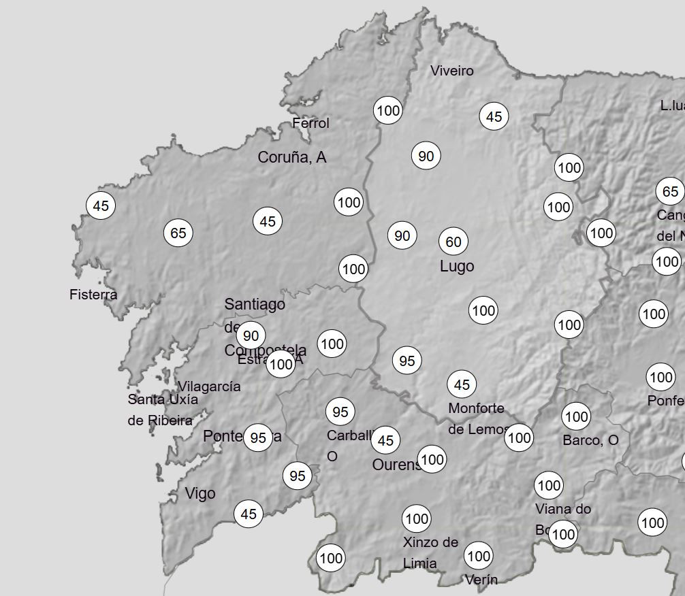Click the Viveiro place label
coord(451,71)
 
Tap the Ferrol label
coord(310,123)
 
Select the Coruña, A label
coord(291,157)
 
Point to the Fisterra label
coord(93,295)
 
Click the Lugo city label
coord(457,267)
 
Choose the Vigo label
coord(200,494)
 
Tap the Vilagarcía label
coord(209,386)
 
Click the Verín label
coord(481,580)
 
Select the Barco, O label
coord(590,440)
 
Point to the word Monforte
coord(476,408)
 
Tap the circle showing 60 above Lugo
coord(453,242)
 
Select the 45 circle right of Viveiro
coord(494,116)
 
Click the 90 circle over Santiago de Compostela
coord(251,335)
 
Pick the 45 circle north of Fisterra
coord(101,205)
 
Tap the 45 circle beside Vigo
coord(249,514)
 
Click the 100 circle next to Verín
coord(479,557)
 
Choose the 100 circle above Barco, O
coord(577,416)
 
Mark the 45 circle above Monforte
coord(462,385)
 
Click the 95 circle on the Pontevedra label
coord(258,438)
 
